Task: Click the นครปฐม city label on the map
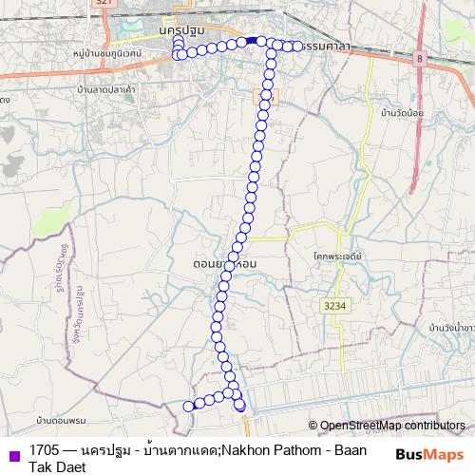183,30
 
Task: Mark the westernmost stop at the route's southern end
188,407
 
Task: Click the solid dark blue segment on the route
251,41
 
